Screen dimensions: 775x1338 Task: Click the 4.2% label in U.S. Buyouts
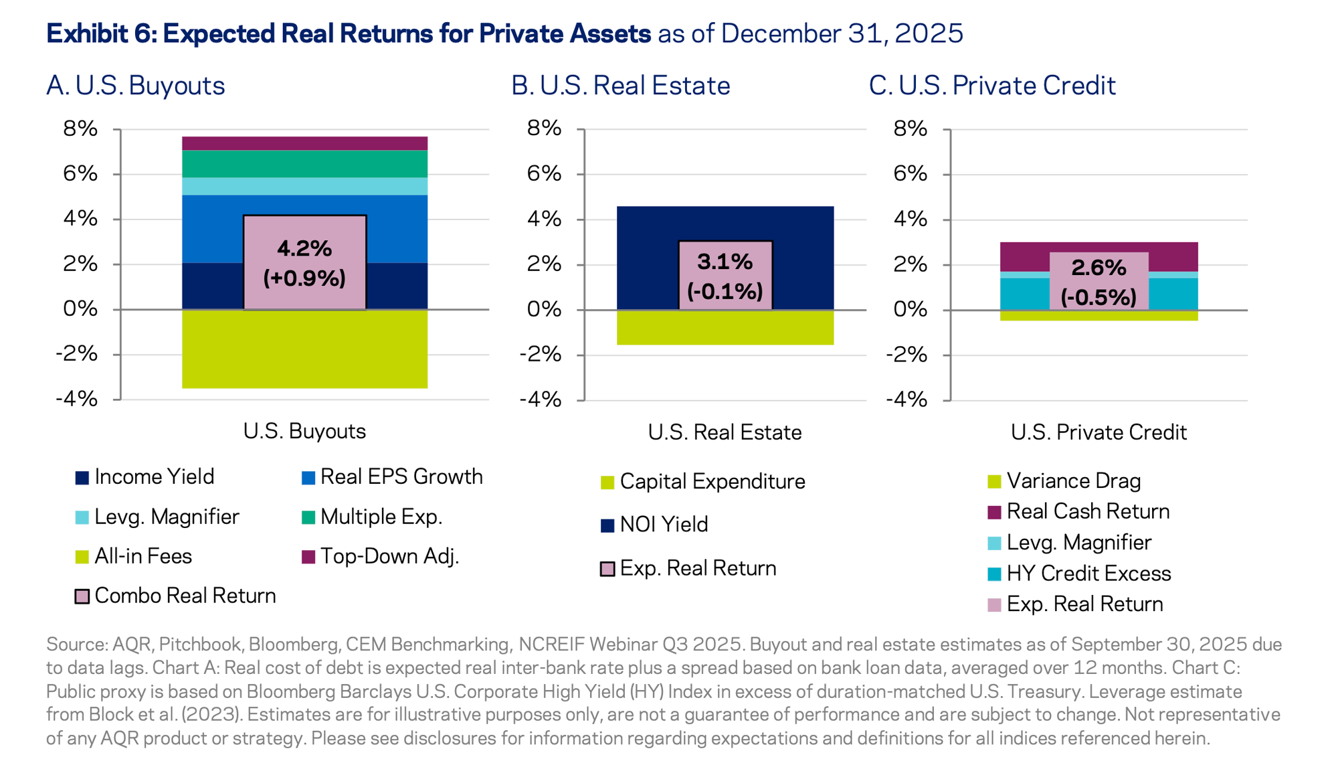tap(304, 249)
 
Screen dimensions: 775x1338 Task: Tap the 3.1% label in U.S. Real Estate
tap(725, 262)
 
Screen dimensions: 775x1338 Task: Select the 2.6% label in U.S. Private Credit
tap(1098, 268)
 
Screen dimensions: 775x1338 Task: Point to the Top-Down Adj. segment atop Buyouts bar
tap(304, 143)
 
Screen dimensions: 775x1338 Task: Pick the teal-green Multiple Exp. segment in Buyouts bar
tap(304, 164)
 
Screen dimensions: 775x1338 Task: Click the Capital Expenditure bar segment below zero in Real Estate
tap(725, 327)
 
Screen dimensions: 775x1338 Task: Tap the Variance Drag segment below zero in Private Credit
tap(1098, 315)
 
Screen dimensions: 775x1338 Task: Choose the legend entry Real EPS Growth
tap(401, 477)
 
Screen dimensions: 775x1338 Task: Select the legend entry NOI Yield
tap(663, 525)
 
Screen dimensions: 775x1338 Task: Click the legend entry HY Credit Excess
tap(1088, 574)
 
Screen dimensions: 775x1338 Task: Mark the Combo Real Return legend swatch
tap(82, 596)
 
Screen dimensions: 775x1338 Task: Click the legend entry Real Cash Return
tap(1088, 511)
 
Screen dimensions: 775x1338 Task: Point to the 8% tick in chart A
tap(81, 128)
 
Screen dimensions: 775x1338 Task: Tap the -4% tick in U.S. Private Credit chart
tap(906, 400)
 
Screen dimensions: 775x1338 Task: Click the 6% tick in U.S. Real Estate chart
tap(543, 174)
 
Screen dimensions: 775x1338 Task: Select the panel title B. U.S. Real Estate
tap(620, 86)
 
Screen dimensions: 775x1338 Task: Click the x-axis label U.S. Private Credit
tap(1098, 432)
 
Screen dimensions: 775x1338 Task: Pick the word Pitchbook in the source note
tap(200, 644)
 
